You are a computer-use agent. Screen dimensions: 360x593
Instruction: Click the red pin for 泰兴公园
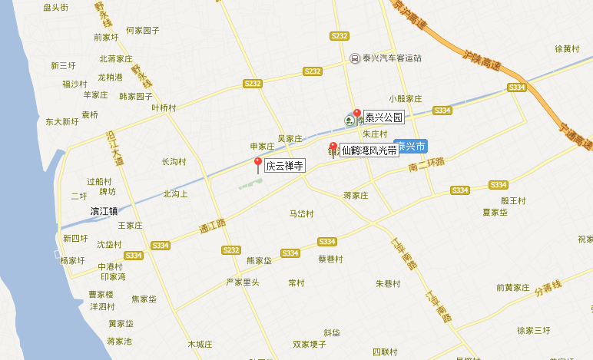(356, 114)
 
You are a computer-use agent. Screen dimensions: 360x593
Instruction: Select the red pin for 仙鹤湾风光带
(333, 147)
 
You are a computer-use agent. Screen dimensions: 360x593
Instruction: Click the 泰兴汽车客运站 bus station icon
(354, 58)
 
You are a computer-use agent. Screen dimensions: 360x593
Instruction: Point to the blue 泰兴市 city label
(409, 146)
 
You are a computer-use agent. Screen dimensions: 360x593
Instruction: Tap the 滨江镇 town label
(104, 211)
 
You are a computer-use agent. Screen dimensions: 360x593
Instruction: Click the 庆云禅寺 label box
(285, 165)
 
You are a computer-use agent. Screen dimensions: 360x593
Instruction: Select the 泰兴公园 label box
(383, 117)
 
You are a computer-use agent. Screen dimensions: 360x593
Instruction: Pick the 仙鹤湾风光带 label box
(369, 151)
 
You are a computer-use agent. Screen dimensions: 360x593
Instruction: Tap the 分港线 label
(549, 290)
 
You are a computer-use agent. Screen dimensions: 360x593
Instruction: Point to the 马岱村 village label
(301, 214)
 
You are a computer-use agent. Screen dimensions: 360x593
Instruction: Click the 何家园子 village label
(142, 30)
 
